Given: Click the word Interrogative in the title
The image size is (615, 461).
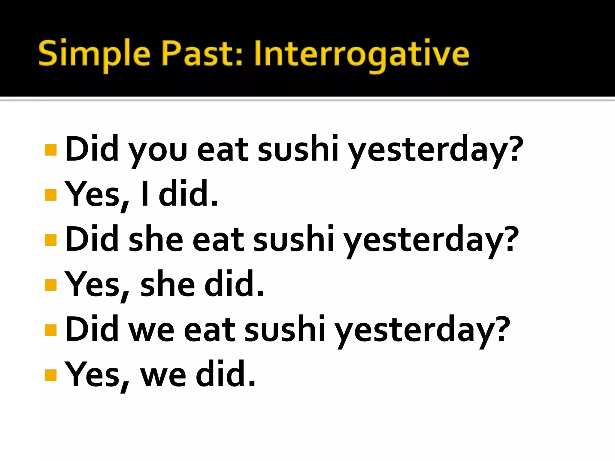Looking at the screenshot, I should (361, 54).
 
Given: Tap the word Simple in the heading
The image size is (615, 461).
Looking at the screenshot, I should (94, 54).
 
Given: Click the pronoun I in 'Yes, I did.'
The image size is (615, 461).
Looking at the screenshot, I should (145, 194).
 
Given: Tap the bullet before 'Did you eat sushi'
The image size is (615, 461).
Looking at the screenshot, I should (50, 150).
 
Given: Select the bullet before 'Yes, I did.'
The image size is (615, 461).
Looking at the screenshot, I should (50, 194).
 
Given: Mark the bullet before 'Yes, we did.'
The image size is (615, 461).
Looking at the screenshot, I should (50, 375).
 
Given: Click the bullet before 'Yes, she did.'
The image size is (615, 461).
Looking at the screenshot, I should (50, 285).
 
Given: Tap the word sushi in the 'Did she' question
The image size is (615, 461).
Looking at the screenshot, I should (293, 239).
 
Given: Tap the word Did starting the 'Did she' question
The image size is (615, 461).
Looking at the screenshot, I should (92, 239).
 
